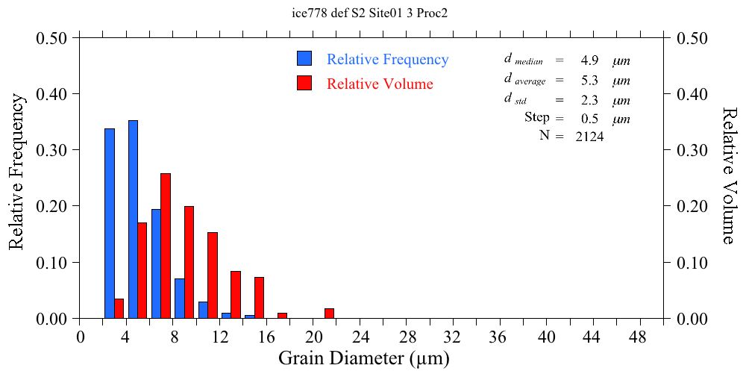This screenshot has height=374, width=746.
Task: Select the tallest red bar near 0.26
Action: click(x=166, y=246)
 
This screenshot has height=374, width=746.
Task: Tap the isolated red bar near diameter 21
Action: click(x=329, y=314)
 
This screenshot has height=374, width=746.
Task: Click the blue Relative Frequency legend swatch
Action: click(x=304, y=59)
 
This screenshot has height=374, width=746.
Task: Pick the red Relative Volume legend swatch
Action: click(x=304, y=83)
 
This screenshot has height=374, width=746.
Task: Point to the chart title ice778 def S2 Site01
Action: click(x=371, y=13)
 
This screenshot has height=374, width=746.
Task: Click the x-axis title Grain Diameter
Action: click(x=364, y=358)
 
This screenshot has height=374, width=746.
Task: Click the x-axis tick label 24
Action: click(x=361, y=337)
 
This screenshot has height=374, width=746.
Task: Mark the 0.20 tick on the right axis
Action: click(x=693, y=206)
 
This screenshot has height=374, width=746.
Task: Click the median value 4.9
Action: click(x=591, y=60)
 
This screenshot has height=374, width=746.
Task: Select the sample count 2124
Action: click(x=589, y=137)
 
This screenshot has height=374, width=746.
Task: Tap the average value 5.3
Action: click(x=591, y=81)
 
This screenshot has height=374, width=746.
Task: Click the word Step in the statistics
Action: click(x=536, y=118)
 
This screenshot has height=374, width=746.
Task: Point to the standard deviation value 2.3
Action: click(x=591, y=100)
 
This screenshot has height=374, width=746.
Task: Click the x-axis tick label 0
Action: click(x=81, y=337)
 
